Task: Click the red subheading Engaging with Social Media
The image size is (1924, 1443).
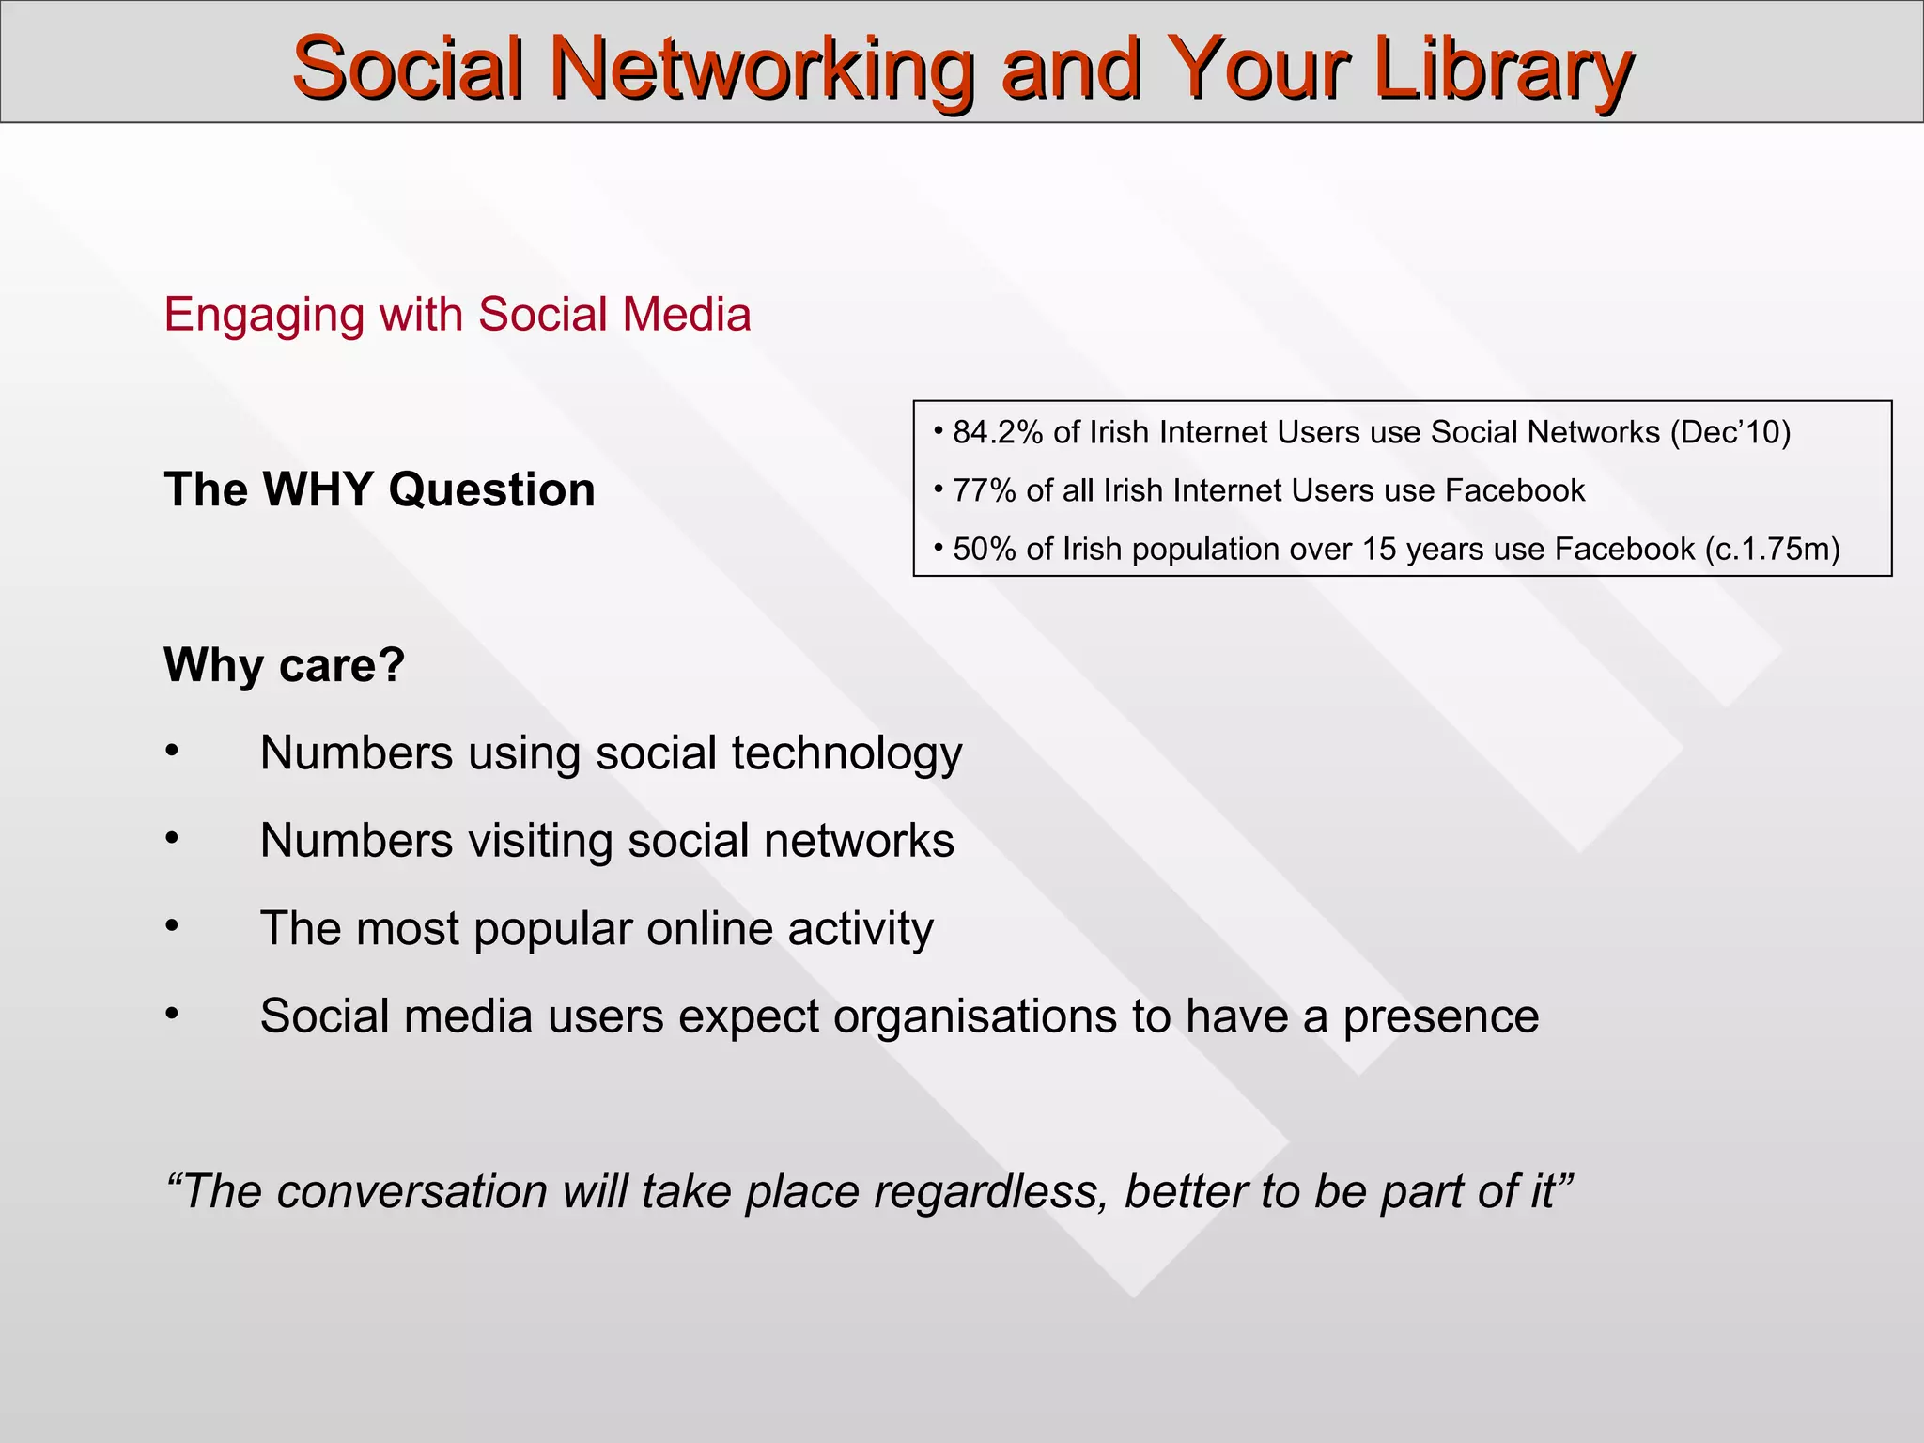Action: click(x=458, y=315)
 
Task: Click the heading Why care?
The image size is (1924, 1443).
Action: click(x=284, y=665)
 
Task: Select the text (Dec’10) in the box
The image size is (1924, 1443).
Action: click(x=1730, y=432)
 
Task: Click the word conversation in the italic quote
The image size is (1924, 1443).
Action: click(x=411, y=1192)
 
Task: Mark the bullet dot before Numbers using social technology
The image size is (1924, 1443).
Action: click(x=172, y=752)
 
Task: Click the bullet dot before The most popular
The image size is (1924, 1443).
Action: click(x=172, y=927)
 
